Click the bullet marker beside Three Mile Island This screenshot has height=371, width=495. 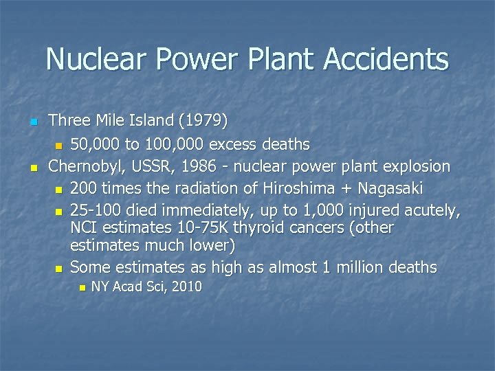click(x=32, y=122)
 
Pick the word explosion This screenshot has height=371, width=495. click(x=417, y=166)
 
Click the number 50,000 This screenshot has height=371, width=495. click(x=96, y=144)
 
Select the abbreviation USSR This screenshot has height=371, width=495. click(x=149, y=166)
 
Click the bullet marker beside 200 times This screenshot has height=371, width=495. click(x=59, y=190)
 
